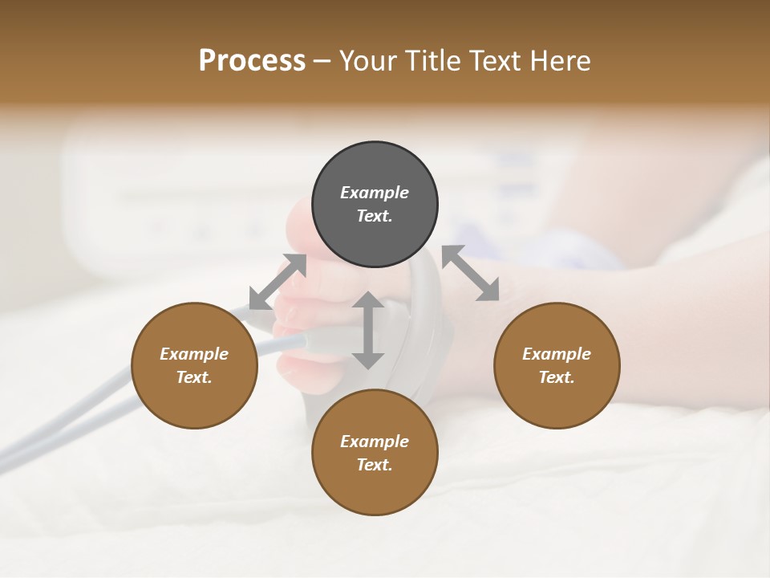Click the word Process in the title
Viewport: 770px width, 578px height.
pyautogui.click(x=252, y=61)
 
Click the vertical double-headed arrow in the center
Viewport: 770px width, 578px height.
pyautogui.click(x=368, y=330)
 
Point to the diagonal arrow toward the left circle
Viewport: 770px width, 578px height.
pyautogui.click(x=278, y=282)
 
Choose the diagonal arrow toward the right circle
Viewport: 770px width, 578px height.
pyautogui.click(x=471, y=273)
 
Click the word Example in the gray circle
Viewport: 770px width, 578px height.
pyautogui.click(x=375, y=193)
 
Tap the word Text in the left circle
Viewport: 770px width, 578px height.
pyautogui.click(x=194, y=377)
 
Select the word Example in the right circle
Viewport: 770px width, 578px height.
pyautogui.click(x=557, y=354)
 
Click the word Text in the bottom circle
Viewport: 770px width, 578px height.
pyautogui.click(x=375, y=465)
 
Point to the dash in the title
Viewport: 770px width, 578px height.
pyautogui.click(x=322, y=61)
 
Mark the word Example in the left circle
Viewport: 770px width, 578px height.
pyautogui.click(x=194, y=354)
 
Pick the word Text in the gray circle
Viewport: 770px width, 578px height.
pyautogui.click(x=375, y=216)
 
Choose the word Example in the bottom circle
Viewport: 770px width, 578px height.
pyautogui.click(x=375, y=442)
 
